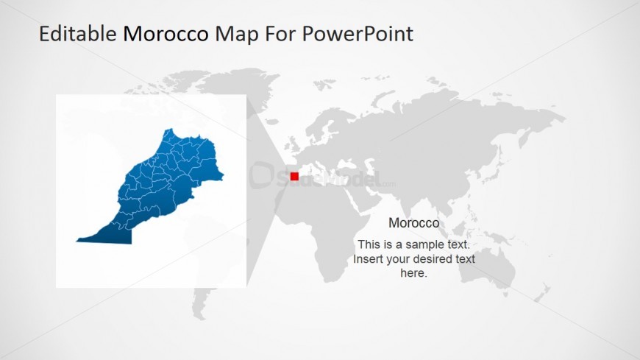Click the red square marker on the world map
(294, 176)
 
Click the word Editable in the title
(77, 34)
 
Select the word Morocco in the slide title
(166, 34)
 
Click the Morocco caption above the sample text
(413, 223)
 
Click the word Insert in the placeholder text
(369, 259)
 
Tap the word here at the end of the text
(413, 273)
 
